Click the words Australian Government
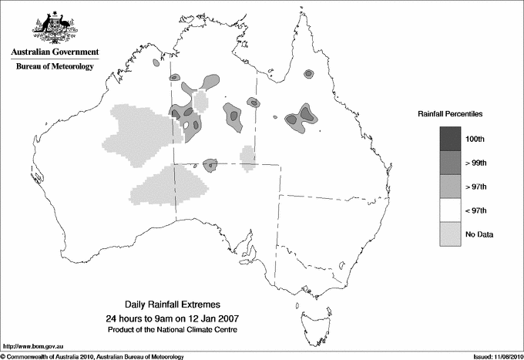[55, 52]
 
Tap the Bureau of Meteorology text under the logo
[55, 67]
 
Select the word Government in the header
[76, 52]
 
